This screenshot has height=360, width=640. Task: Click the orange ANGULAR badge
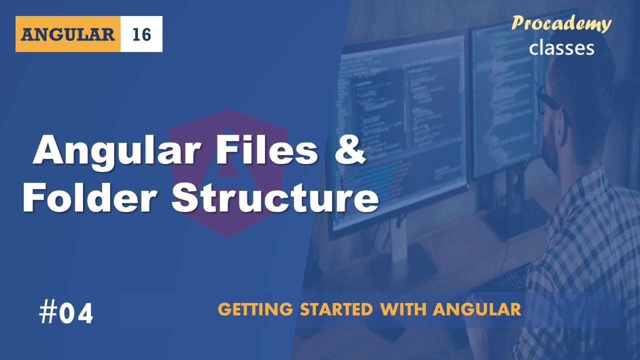coord(68,34)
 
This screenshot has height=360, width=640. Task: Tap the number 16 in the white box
coord(141,34)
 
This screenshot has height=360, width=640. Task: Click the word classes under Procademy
coord(561,47)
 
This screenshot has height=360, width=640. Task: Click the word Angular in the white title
coord(115,151)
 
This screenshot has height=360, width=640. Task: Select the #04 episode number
coord(66,314)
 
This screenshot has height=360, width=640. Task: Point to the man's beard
coord(552,150)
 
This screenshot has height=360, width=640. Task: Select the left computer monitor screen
coord(400,125)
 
